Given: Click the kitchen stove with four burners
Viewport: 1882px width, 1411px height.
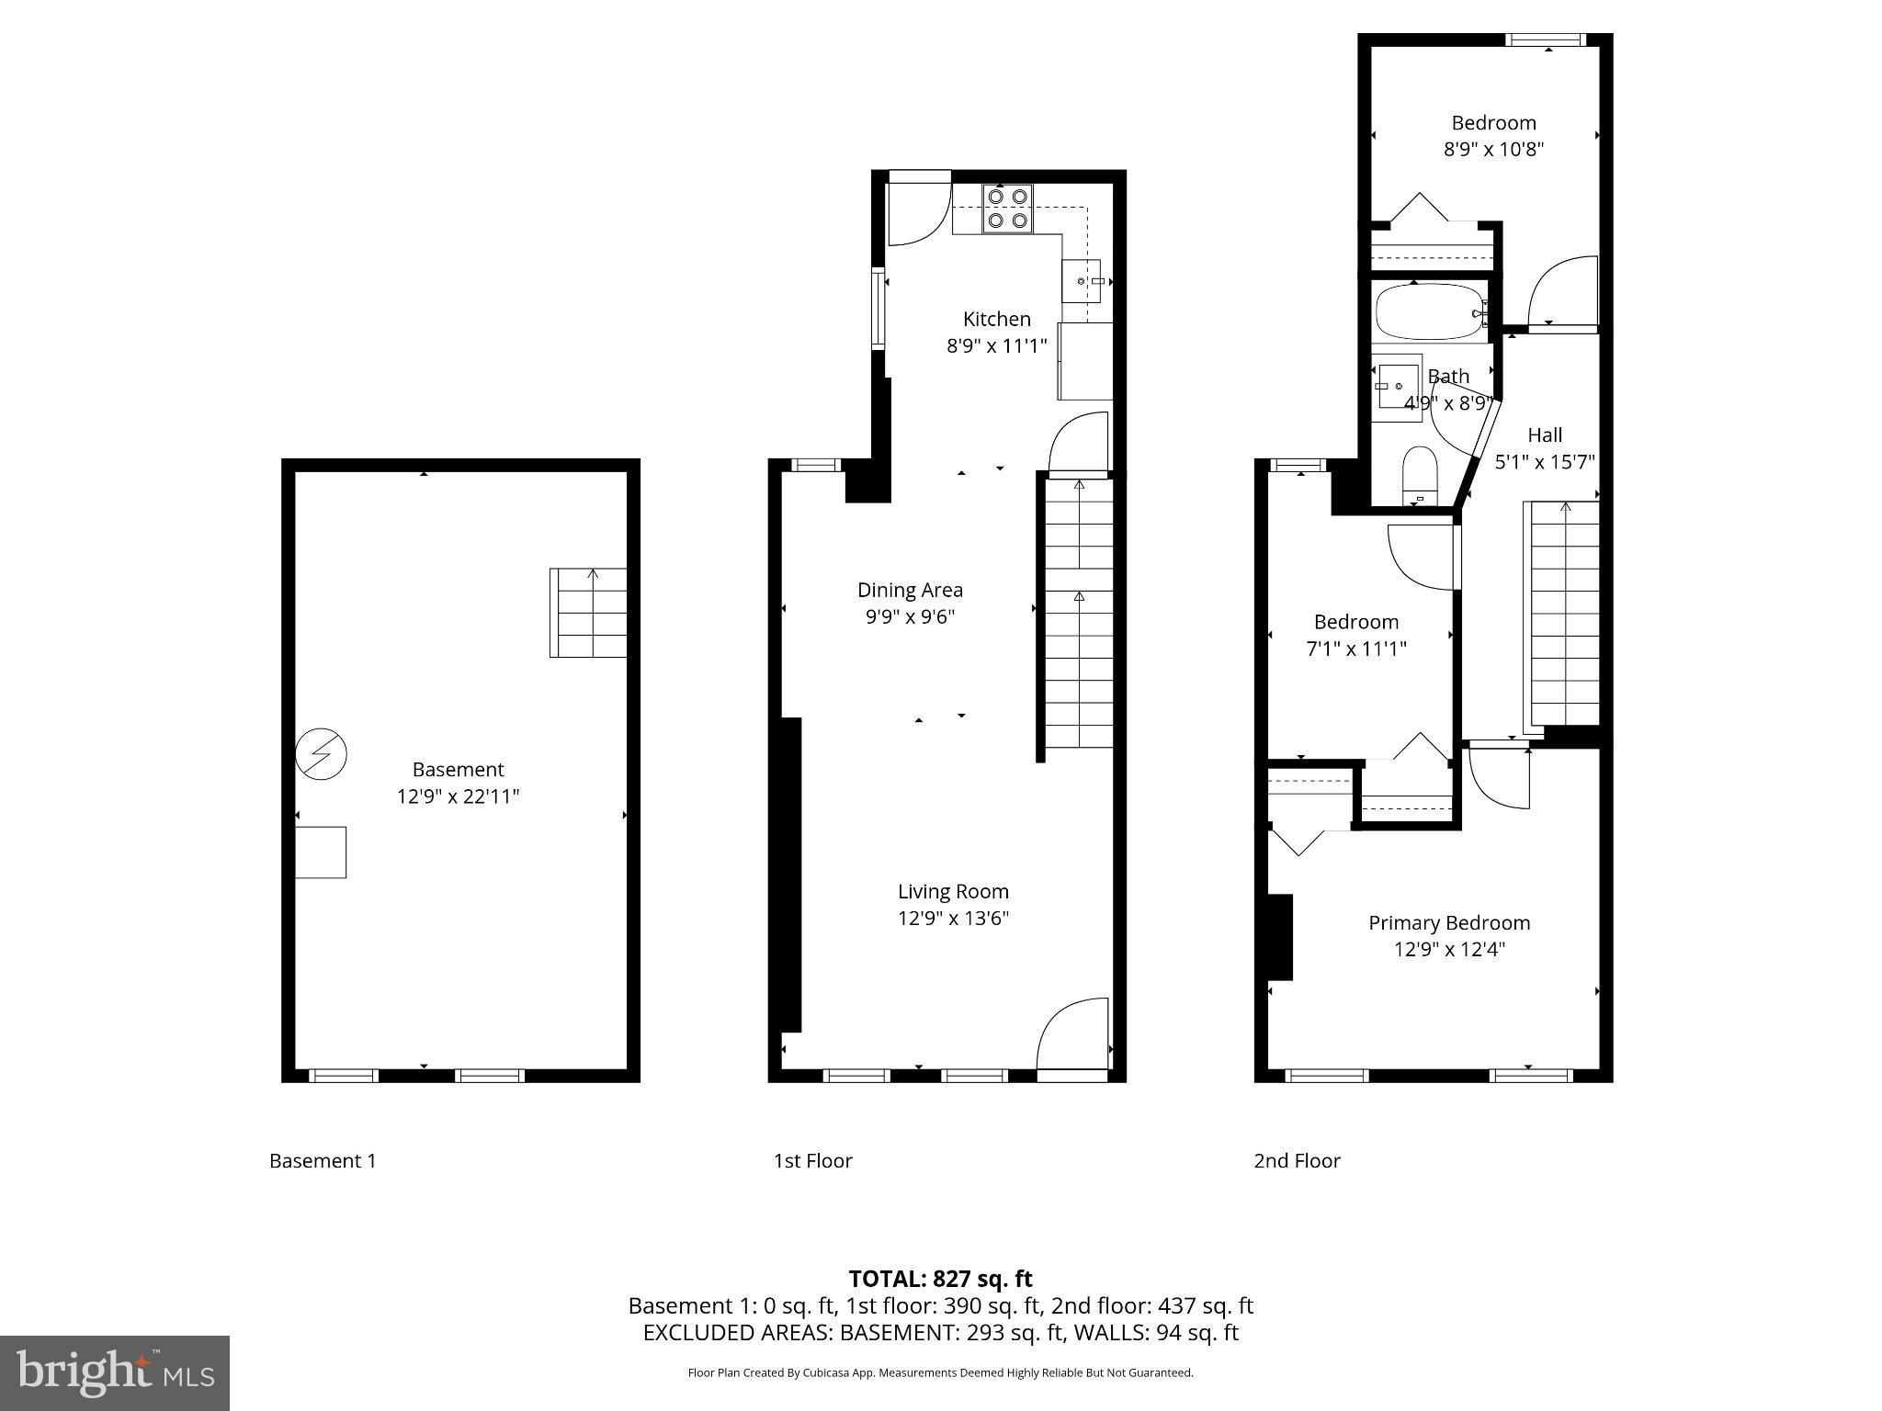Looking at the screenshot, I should pos(1007,209).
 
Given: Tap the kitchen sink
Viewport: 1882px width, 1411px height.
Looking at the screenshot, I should pos(1082,281).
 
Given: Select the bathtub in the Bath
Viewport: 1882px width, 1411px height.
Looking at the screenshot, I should pos(1429,312).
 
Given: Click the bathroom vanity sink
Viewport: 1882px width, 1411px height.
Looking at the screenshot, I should pos(1398,388).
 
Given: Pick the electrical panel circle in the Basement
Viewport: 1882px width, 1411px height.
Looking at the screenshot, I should pos(321,754).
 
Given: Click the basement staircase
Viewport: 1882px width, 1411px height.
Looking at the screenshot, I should pos(588,613).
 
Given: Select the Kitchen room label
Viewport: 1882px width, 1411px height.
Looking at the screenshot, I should pos(996,319).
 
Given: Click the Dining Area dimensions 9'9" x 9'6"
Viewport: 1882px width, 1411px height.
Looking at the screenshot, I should pos(910,616).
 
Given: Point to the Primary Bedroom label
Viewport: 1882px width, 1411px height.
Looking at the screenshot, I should pos(1449,922).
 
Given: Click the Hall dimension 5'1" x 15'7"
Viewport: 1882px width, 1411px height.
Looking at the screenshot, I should pos(1544,461).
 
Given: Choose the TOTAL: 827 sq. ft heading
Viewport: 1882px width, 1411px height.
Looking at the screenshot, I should pos(940,1279).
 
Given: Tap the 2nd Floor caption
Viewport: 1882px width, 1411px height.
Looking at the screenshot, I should pos(1297,1160).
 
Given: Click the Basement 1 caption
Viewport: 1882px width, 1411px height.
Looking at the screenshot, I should pos(323,1160).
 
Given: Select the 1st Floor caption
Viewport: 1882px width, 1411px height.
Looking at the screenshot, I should pos(812,1160).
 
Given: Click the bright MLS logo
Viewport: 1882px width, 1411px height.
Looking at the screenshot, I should pos(114,1372).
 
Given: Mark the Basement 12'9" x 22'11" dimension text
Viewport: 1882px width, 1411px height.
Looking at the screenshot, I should pos(458,796).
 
